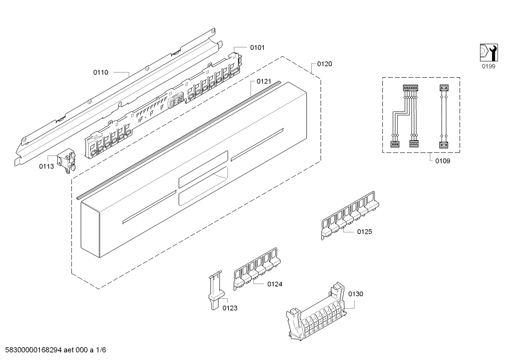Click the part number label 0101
click(257, 48)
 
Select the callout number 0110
click(101, 72)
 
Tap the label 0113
click(47, 166)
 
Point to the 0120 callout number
click(324, 64)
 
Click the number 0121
click(264, 81)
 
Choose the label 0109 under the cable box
click(443, 161)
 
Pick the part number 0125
click(365, 232)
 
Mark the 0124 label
click(275, 284)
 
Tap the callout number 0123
click(230, 308)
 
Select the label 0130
click(356, 294)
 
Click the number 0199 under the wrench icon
click(489, 66)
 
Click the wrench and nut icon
click(489, 53)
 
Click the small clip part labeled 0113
click(66, 160)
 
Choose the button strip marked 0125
click(350, 216)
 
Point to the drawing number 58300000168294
click(34, 350)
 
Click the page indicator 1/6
click(101, 350)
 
